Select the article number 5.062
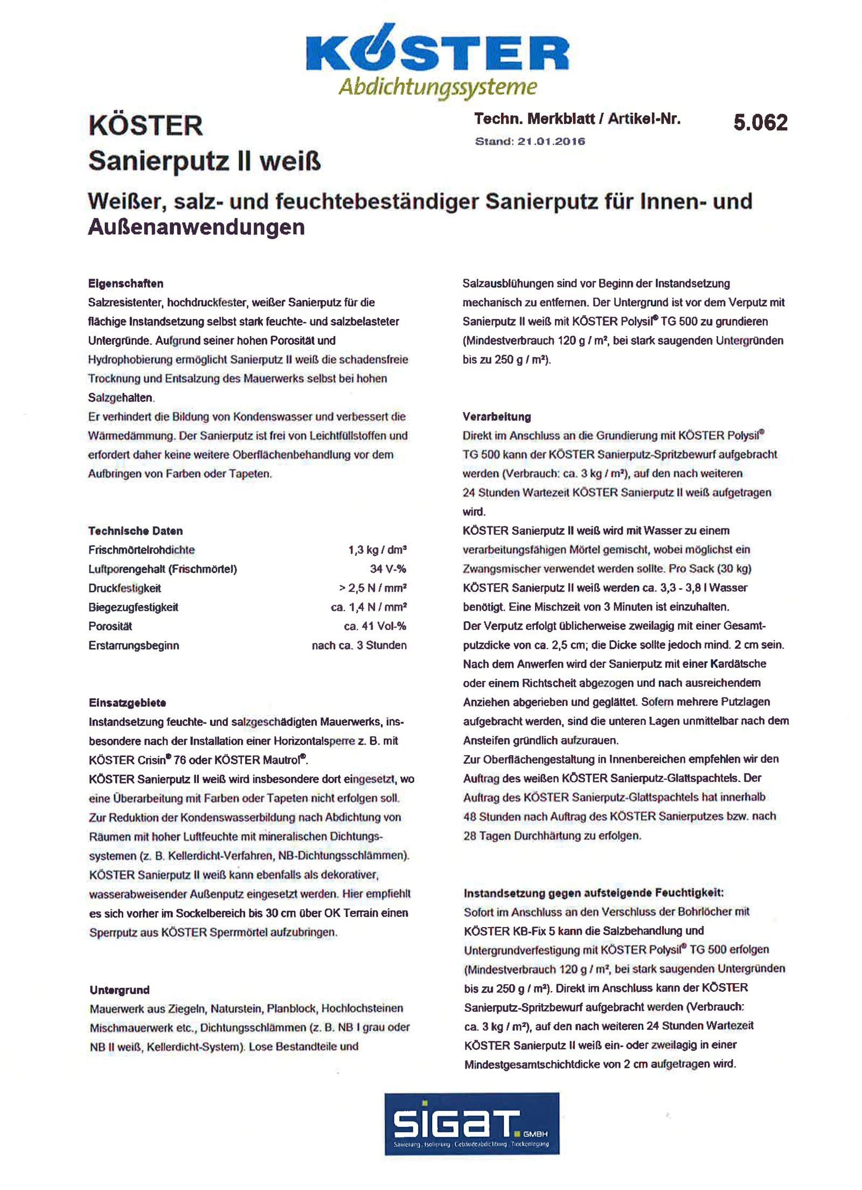coord(760,123)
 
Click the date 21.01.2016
coord(551,142)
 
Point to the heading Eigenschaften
coord(126,283)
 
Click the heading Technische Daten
coord(135,531)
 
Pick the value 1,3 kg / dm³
coord(377,550)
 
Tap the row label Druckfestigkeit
coord(125,588)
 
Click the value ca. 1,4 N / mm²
coord(369,607)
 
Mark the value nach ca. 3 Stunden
coord(359,645)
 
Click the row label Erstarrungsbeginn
coord(134,645)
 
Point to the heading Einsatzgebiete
coord(127,702)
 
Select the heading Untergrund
coord(120,990)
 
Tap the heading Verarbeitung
coord(497,416)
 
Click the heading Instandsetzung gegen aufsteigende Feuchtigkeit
coord(594,893)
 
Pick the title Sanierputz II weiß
coord(204,161)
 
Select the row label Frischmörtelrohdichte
coord(142,550)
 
